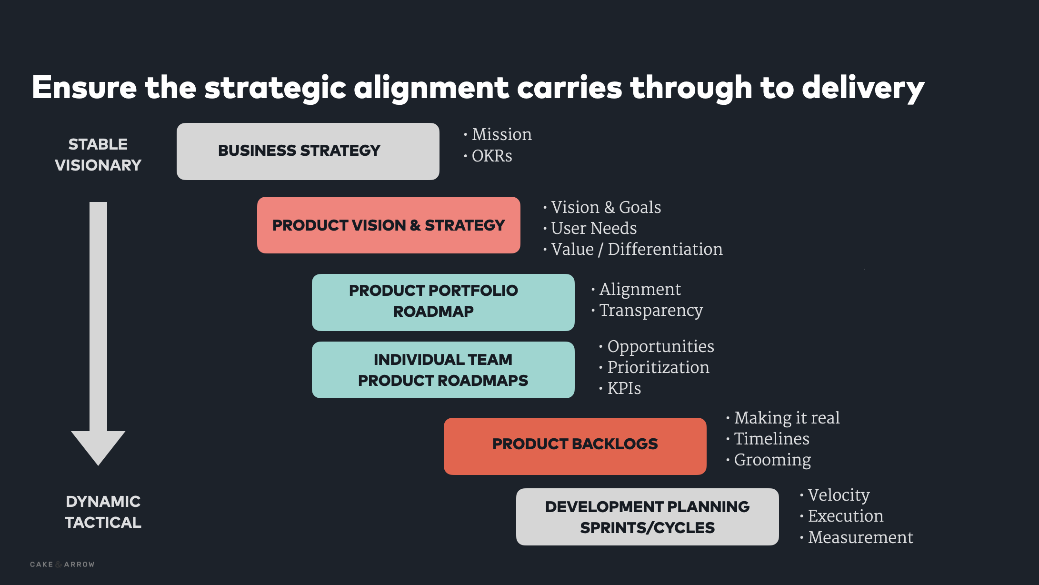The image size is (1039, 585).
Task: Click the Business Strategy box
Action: click(x=308, y=151)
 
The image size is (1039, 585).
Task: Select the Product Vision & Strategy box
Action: click(x=388, y=225)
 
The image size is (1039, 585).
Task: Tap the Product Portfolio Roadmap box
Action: click(x=443, y=302)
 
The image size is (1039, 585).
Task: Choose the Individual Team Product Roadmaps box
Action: click(x=443, y=370)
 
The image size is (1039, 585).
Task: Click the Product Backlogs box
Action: click(x=575, y=446)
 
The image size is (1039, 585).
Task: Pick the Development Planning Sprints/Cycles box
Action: click(x=647, y=517)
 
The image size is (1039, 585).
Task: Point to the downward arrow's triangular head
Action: click(x=98, y=446)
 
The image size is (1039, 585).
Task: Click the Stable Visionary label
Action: click(x=98, y=154)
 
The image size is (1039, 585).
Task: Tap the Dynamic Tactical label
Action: click(x=103, y=512)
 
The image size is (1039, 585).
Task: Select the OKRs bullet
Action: click(x=491, y=156)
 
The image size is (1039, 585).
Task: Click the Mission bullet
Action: click(x=501, y=135)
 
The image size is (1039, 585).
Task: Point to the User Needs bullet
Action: click(x=593, y=228)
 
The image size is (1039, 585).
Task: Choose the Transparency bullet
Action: click(x=650, y=310)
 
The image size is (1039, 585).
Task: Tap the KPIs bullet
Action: click(x=624, y=388)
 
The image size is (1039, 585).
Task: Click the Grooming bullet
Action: click(x=772, y=460)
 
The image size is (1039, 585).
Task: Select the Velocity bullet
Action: click(x=839, y=495)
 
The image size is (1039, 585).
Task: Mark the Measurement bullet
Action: click(x=860, y=537)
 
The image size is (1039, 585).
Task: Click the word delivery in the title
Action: click(x=863, y=89)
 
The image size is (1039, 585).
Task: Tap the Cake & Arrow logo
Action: click(x=62, y=565)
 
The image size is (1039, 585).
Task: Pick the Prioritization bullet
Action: click(x=658, y=367)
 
